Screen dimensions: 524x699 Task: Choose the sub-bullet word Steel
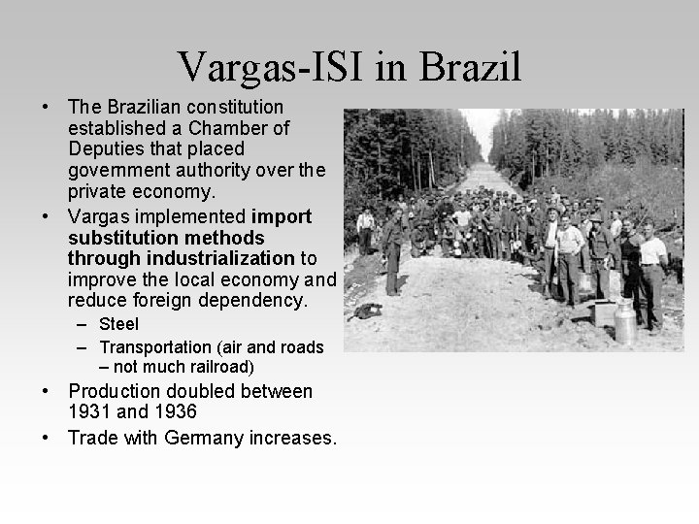119,324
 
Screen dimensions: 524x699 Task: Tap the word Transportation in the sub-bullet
155,346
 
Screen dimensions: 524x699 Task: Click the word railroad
219,367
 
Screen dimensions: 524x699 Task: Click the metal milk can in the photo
625,321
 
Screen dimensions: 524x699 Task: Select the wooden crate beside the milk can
605,313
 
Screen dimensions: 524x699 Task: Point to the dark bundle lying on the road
367,311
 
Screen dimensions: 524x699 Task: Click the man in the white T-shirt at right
651,272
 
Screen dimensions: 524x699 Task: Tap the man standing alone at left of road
391,252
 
